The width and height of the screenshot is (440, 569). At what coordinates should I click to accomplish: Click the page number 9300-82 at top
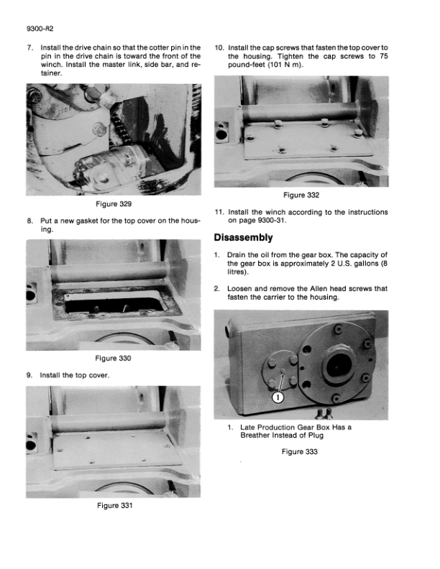click(40, 29)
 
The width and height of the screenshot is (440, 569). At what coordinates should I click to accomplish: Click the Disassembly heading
click(243, 237)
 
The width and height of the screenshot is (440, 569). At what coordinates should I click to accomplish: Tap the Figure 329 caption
click(114, 204)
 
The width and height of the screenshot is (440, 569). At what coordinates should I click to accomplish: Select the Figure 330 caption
click(113, 358)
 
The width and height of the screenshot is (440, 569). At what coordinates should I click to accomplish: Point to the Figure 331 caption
click(115, 505)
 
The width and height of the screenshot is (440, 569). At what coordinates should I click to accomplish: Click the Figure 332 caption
click(301, 195)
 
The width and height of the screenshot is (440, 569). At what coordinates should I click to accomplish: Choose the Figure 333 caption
click(300, 451)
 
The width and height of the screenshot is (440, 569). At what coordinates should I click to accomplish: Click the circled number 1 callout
click(278, 398)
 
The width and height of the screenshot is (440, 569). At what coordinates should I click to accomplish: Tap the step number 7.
click(30, 47)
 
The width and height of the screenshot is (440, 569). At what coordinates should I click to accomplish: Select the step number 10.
click(219, 47)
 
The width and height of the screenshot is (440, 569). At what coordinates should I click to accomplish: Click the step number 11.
click(219, 212)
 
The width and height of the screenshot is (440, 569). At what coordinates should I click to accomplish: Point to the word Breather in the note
click(254, 435)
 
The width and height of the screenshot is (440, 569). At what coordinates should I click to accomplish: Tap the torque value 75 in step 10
click(384, 56)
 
